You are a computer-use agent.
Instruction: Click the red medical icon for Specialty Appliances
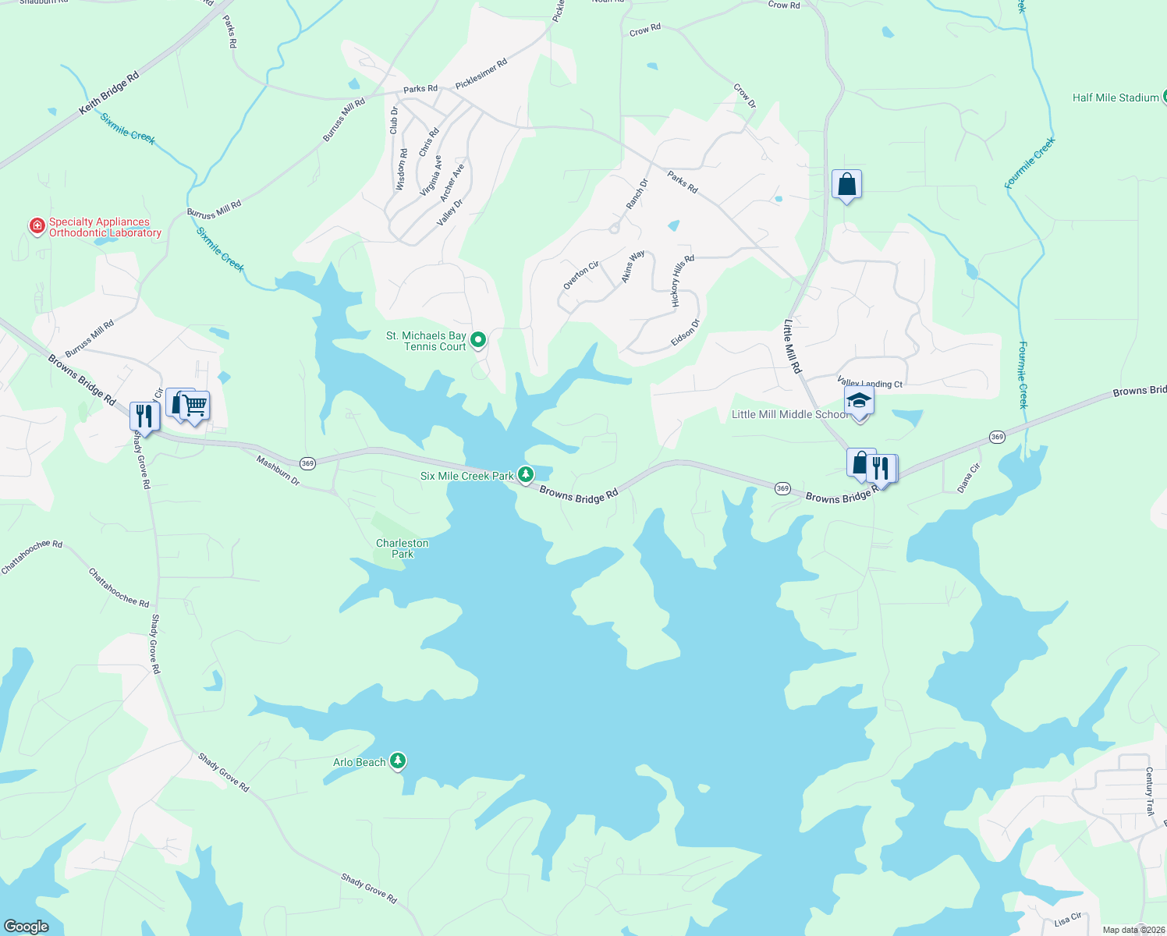point(37,226)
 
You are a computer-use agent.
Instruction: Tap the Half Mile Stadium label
point(1115,97)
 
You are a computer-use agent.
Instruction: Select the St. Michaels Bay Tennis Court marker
point(479,339)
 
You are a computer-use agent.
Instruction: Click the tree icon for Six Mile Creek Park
point(527,473)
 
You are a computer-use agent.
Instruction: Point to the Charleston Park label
point(402,548)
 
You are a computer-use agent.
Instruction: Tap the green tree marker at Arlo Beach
point(398,760)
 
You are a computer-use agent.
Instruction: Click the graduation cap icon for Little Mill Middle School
point(858,400)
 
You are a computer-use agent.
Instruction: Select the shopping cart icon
point(195,405)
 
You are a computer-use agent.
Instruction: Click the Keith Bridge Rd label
point(108,94)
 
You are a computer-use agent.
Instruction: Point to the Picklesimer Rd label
point(481,73)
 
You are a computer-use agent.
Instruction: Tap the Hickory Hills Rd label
point(682,280)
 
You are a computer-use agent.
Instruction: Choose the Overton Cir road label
point(581,275)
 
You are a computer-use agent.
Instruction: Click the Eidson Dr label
point(686,332)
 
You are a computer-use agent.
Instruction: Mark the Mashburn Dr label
point(278,470)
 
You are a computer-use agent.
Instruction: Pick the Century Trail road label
point(1149,791)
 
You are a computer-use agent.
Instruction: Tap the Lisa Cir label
point(1068,920)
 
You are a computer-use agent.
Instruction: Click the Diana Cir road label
point(968,478)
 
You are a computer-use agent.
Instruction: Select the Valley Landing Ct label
point(870,383)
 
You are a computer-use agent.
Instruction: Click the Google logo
point(26,927)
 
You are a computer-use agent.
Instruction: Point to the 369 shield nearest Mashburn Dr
point(307,463)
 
